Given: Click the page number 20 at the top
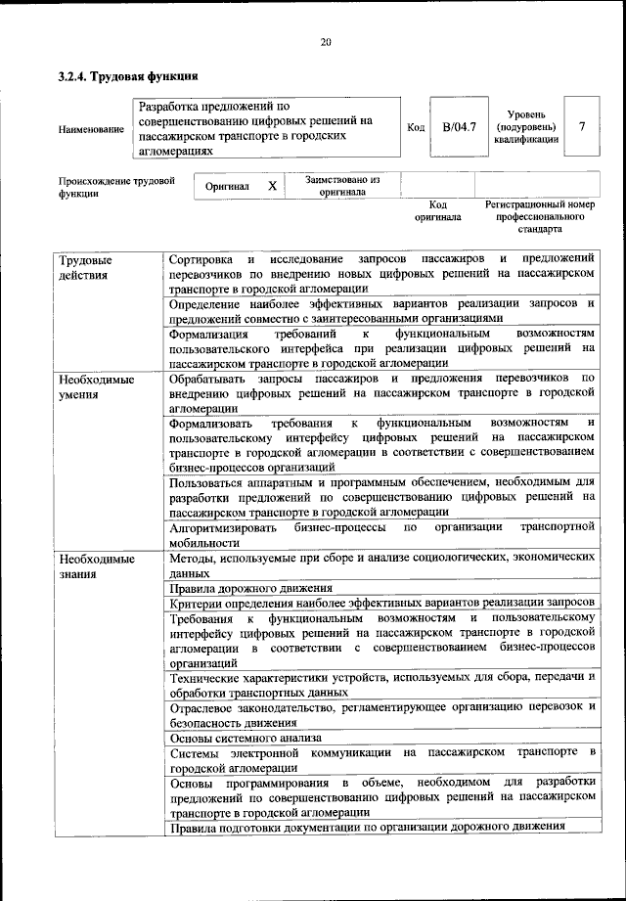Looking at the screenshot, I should pos(326,41).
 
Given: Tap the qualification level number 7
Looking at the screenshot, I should pos(583,127).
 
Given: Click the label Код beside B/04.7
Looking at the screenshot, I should pos(415,128).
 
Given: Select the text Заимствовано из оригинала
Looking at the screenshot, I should pos(341,186).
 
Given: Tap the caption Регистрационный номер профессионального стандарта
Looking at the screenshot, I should pos(540,216).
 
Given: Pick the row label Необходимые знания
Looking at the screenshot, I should pos(95,565).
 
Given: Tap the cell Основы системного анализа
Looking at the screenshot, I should pos(246,739).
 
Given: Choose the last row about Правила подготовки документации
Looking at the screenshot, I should pos(367,827).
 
